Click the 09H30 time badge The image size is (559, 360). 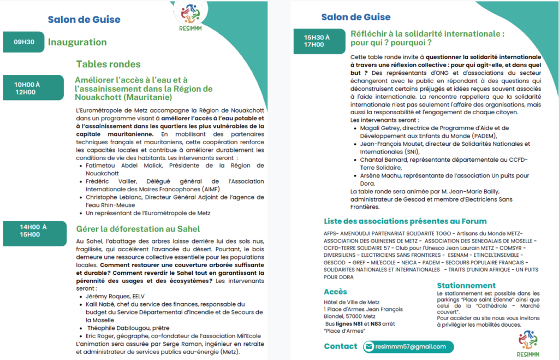(24, 42)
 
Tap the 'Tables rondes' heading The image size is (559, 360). (108, 64)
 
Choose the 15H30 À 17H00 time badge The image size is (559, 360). (317, 41)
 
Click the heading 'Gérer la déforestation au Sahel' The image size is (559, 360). (138, 228)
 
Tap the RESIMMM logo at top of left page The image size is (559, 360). (189, 16)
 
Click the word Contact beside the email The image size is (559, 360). (340, 346)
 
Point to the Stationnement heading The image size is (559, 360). (466, 285)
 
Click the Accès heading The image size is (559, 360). (335, 292)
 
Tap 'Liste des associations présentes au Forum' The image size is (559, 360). (405, 221)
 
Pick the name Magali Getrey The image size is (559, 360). (380, 129)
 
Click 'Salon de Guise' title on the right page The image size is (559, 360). (356, 17)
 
